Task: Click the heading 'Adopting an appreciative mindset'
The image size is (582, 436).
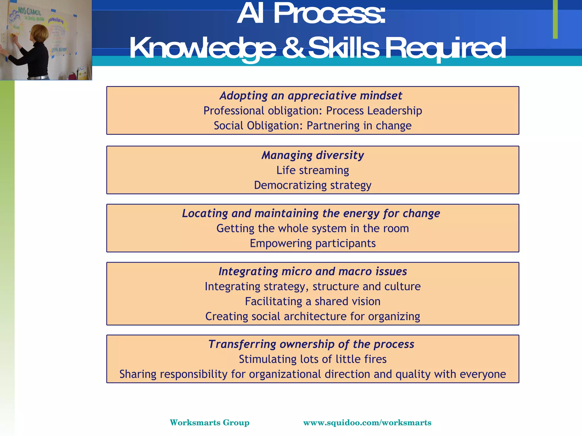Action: click(311, 96)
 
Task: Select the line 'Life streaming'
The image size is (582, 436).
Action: click(313, 170)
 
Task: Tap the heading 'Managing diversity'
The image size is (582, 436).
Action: click(313, 155)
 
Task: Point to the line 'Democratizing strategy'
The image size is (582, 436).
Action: click(313, 185)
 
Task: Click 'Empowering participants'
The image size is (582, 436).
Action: click(313, 244)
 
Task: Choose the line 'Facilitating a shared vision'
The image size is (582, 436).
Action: click(313, 301)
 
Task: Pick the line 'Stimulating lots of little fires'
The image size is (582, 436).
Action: click(313, 359)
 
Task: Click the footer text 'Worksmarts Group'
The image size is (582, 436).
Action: click(209, 423)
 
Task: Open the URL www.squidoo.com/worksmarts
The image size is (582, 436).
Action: click(367, 423)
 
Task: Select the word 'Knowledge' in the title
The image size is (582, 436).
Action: click(203, 48)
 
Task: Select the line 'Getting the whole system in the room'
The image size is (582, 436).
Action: click(313, 229)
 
